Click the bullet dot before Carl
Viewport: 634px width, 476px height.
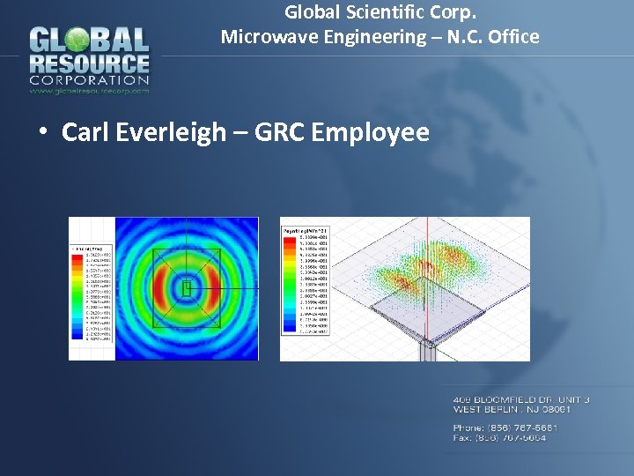pyautogui.click(x=41, y=134)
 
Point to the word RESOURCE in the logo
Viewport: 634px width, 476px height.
pyautogui.click(x=89, y=64)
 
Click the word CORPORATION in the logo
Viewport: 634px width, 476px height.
pyautogui.click(x=89, y=80)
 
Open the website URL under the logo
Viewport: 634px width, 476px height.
pyautogui.click(x=89, y=90)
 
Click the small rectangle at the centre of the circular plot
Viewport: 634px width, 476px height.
pyautogui.click(x=187, y=287)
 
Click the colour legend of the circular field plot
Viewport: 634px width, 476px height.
pyautogui.click(x=92, y=293)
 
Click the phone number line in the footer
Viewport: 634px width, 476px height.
pyautogui.click(x=505, y=428)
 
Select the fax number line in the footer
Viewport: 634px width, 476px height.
pyautogui.click(x=499, y=437)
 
